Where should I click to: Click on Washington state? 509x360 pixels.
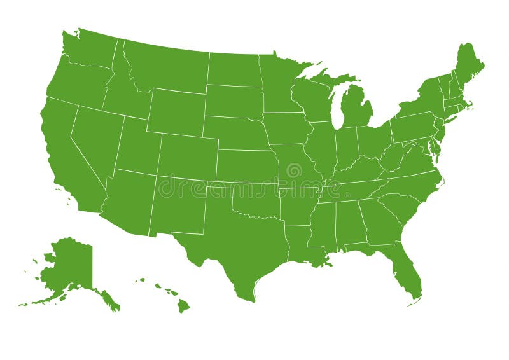(x=89, y=48)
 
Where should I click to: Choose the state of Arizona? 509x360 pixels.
(x=127, y=200)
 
